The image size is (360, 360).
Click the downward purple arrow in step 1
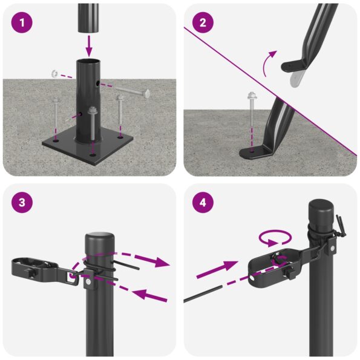tap(90, 44)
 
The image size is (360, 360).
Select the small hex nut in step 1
tap(54, 74)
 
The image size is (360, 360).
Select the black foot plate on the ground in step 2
tap(255, 152)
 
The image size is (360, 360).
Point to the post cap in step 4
tap(321, 212)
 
